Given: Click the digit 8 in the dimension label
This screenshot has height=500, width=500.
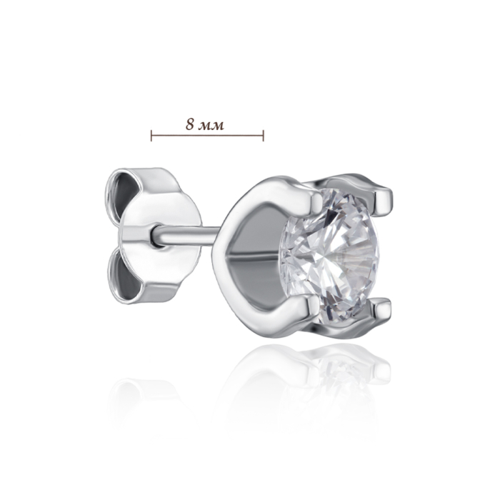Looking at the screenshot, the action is tap(191, 125).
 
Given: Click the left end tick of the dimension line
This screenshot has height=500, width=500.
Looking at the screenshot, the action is tap(151, 136).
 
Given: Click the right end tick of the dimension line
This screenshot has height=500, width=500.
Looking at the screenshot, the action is tap(263, 136).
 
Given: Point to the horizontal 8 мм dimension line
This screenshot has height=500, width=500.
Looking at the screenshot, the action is tap(207, 136).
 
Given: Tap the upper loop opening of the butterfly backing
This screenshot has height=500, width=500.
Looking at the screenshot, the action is tap(122, 191).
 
